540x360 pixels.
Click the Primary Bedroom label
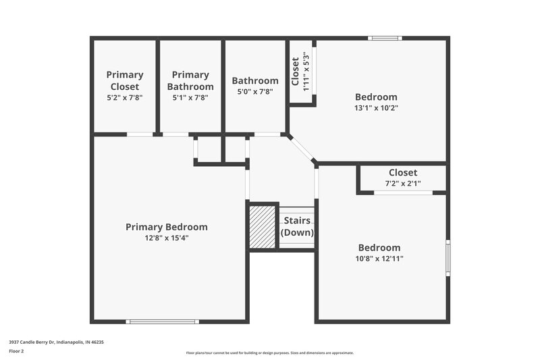click(x=167, y=227)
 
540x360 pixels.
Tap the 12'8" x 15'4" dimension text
click(x=167, y=238)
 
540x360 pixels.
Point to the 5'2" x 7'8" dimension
click(x=125, y=97)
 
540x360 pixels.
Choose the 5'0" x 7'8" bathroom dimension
click(x=255, y=92)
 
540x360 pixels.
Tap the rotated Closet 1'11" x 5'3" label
click(x=300, y=72)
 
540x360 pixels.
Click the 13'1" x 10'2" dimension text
click(x=376, y=107)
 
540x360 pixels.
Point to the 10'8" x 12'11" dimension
click(x=379, y=258)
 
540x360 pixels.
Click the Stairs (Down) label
click(x=297, y=226)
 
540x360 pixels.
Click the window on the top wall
click(x=385, y=38)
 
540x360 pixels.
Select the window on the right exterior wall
click(x=448, y=257)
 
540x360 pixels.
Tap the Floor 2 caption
click(x=16, y=351)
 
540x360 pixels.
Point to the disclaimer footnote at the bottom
click(x=270, y=353)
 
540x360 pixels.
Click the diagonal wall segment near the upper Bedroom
click(x=302, y=149)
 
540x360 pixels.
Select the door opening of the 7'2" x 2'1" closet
click(x=404, y=193)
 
